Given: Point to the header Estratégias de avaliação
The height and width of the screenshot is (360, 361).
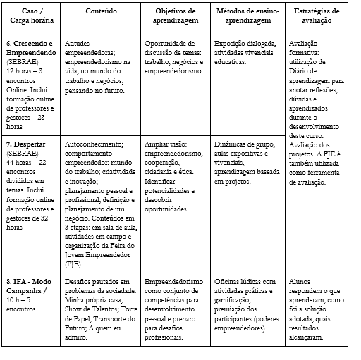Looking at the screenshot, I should (x=315, y=16).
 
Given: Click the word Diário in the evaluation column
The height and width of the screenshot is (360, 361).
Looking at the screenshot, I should (x=305, y=80).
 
